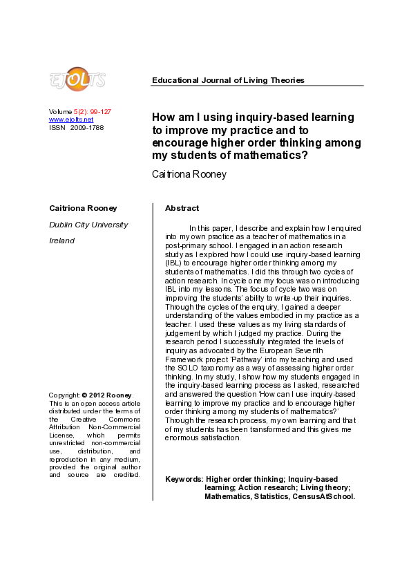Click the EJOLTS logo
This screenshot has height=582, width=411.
[77, 79]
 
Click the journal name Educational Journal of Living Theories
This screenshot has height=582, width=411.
[228, 80]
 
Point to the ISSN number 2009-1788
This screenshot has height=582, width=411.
[87, 127]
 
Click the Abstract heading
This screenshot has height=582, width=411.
[182, 208]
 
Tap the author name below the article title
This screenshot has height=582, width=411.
[189, 174]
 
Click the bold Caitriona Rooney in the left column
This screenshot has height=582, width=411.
[83, 208]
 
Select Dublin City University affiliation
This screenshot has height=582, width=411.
[88, 225]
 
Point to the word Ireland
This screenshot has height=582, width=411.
[61, 241]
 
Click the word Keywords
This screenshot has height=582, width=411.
[184, 479]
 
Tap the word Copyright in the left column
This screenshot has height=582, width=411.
[64, 395]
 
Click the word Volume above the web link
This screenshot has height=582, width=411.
[60, 112]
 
